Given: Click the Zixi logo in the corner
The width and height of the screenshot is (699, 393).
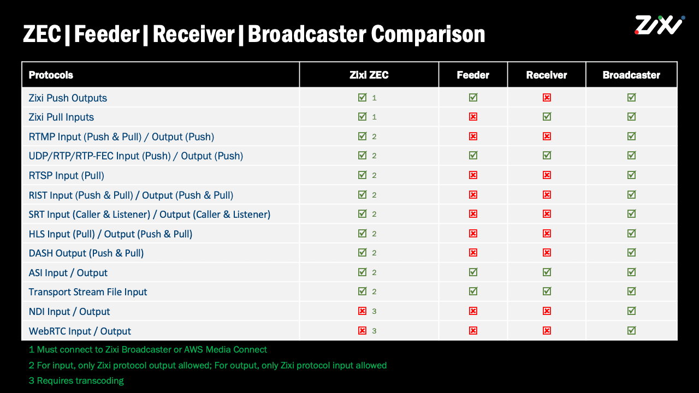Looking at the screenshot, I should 659,25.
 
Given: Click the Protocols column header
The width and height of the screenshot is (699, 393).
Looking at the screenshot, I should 51,75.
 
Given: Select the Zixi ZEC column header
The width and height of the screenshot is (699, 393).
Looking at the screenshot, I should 369,75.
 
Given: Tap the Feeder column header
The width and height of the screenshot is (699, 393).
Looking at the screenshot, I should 473,75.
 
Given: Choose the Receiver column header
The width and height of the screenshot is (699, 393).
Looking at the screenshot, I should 547,75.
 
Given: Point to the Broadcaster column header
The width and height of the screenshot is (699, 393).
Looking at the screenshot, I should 631,75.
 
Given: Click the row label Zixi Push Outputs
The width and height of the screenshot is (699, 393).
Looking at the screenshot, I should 68,98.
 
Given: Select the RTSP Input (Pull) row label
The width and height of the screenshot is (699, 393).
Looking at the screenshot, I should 66,175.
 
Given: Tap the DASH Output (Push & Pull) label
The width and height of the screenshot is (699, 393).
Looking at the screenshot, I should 86,253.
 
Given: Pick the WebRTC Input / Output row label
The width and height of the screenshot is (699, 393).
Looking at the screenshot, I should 80,331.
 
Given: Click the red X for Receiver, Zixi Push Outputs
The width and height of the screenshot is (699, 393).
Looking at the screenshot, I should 547,98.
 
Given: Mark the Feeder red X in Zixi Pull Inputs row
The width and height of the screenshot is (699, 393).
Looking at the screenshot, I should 473,117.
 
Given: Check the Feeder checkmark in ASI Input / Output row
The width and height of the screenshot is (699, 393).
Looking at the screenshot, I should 473,272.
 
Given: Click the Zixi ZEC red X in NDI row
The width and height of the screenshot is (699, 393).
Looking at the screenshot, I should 362,311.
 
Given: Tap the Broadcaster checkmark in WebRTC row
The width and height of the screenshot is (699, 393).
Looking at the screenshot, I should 631,330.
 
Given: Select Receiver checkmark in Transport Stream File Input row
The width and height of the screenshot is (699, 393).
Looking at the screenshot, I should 547,291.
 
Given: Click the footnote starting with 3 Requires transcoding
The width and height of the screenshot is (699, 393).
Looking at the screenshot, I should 76,380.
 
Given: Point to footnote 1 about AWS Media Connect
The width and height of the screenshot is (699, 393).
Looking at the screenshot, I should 148,349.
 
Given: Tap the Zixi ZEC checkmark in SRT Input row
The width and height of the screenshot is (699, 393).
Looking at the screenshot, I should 362,214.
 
